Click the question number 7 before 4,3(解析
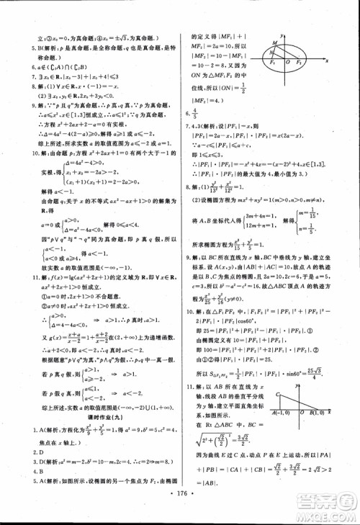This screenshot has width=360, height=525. point(190,124)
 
